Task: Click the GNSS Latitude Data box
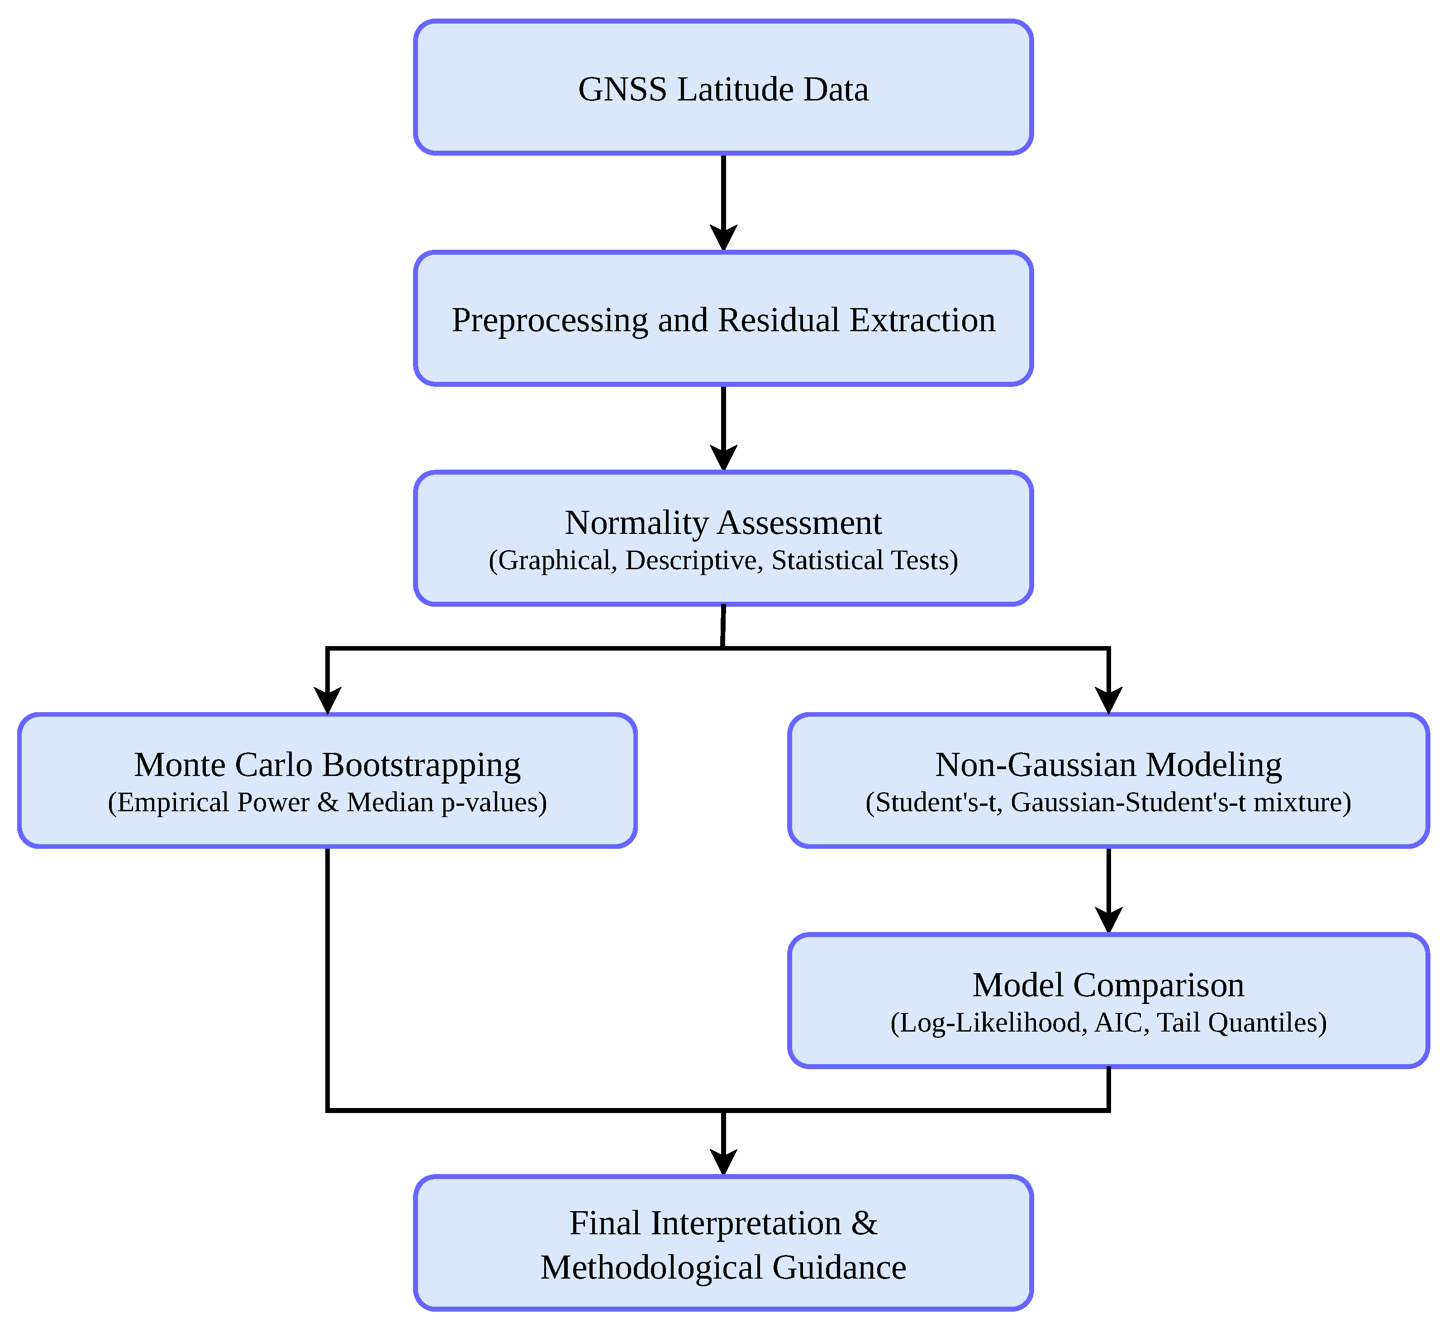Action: tap(723, 87)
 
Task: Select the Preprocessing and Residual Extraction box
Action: tap(723, 319)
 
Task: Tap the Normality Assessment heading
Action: tap(723, 523)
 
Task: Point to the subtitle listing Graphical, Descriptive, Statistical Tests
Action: tap(723, 560)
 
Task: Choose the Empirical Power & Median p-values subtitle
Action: tap(327, 802)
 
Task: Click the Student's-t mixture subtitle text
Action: tap(1108, 802)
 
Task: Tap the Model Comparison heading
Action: tap(1108, 985)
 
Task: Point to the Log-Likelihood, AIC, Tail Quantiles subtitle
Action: tap(1108, 1022)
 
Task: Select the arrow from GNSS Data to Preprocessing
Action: tap(723, 203)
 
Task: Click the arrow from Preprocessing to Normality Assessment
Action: tap(723, 428)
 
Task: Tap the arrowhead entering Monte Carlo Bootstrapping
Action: tap(327, 701)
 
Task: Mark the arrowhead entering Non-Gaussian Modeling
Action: tap(1108, 701)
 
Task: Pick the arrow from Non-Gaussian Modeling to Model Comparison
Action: tap(1108, 891)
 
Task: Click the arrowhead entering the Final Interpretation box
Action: tap(723, 1162)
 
